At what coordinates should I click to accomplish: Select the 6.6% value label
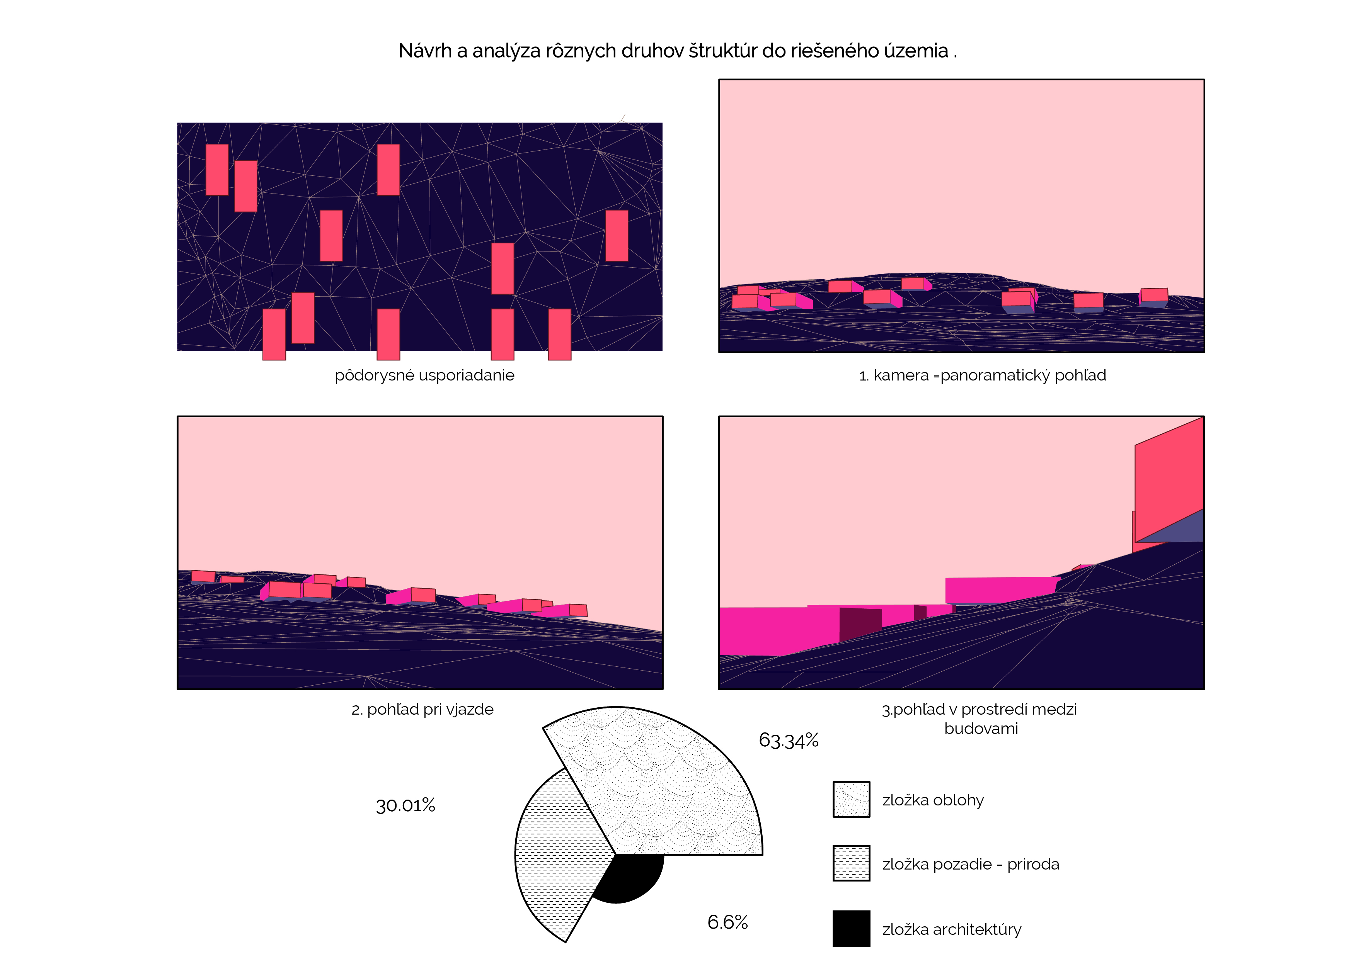[727, 922]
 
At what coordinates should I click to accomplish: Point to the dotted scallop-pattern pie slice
[667, 785]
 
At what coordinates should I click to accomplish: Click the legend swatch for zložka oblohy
[851, 800]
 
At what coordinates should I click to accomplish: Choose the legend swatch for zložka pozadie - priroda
[851, 864]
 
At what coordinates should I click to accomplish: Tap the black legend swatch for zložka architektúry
[851, 929]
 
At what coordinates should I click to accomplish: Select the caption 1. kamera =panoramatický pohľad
[982, 375]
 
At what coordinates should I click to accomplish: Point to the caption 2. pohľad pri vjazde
[422, 710]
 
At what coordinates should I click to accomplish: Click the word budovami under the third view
[981, 729]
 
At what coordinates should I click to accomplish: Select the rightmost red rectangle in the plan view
[617, 236]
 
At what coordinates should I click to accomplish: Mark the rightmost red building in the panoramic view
[1153, 295]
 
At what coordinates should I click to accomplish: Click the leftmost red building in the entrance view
[203, 576]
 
